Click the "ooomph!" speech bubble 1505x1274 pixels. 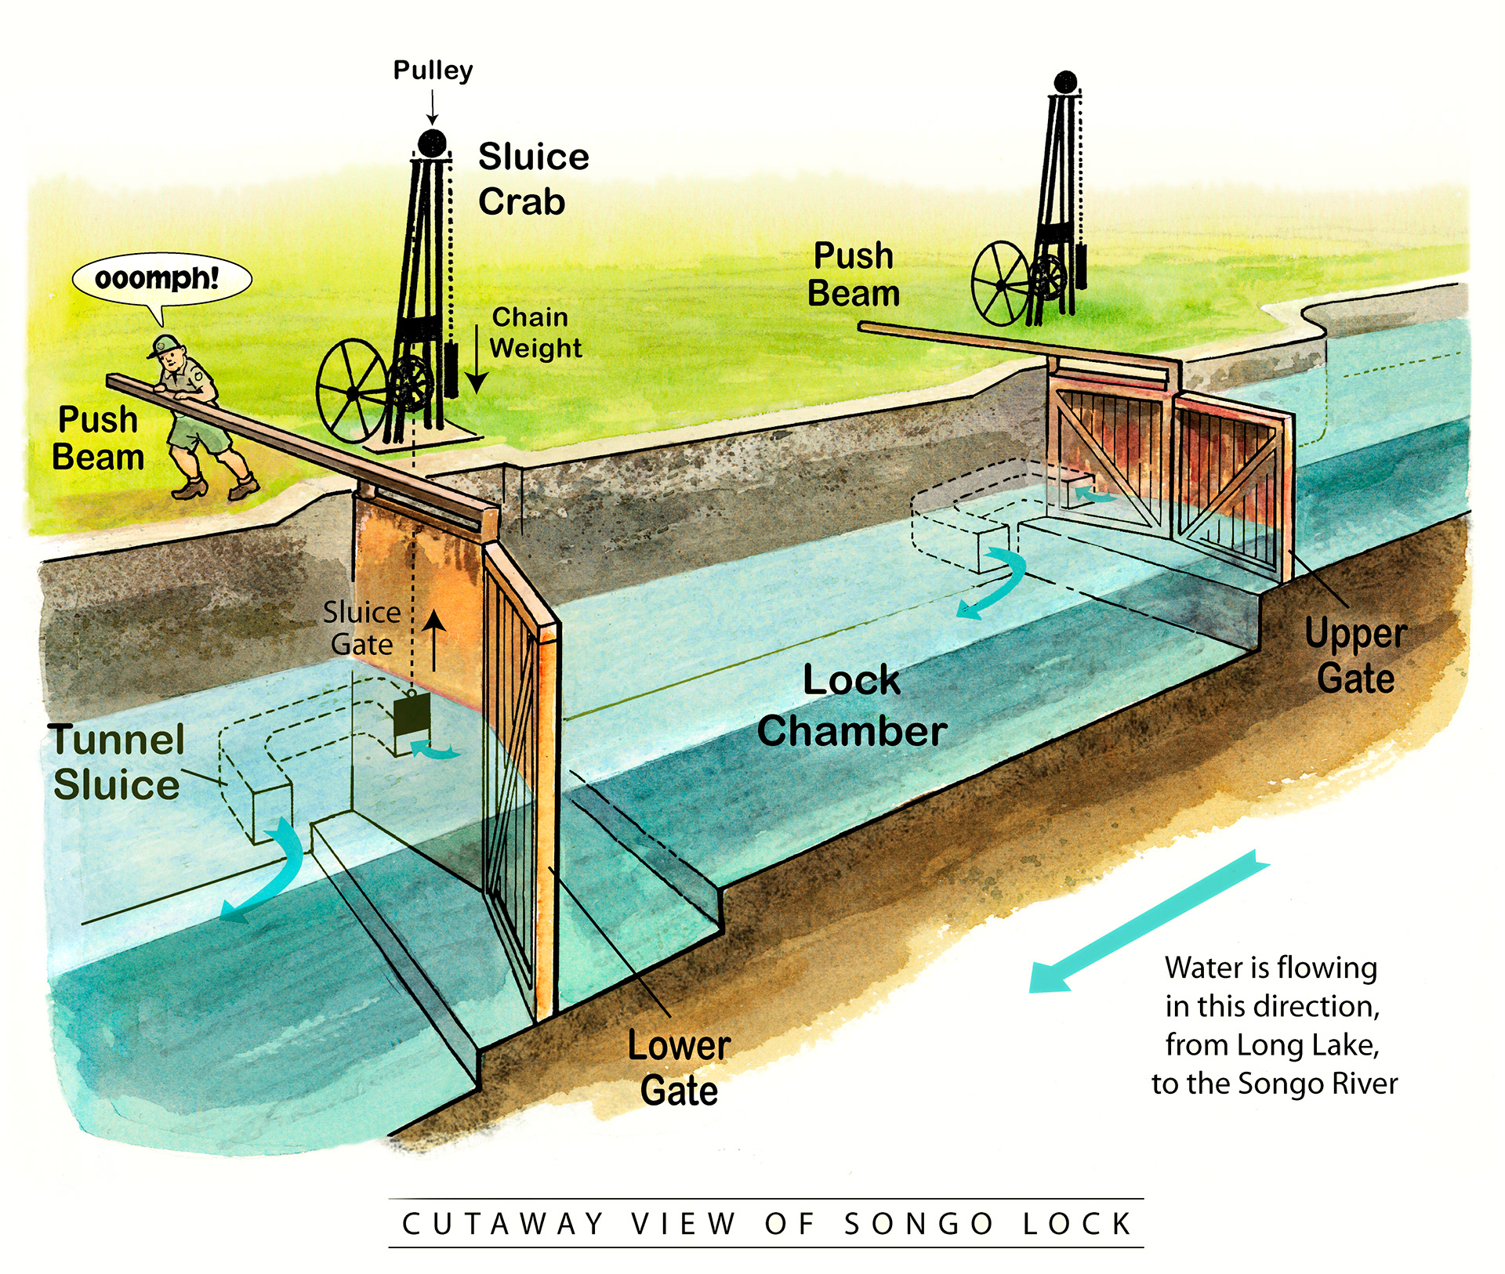coord(161,279)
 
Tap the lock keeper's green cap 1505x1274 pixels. coord(165,345)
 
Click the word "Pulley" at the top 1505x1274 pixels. coord(433,71)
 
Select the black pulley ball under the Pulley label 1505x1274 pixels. coord(432,143)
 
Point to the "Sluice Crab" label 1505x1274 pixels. coord(533,179)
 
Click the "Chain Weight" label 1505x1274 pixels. coord(536,332)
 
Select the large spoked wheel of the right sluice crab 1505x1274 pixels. coord(1000,284)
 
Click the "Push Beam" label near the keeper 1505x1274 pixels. coord(98,438)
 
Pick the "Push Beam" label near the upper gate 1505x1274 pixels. coord(854,274)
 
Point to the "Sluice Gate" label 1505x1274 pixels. coord(361,628)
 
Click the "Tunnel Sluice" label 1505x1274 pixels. coord(117,762)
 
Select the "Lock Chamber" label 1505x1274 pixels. coord(852,705)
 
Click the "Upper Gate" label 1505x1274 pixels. coord(1355,655)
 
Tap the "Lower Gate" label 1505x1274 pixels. coord(679,1067)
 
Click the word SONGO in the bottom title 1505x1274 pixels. coord(919,1224)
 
